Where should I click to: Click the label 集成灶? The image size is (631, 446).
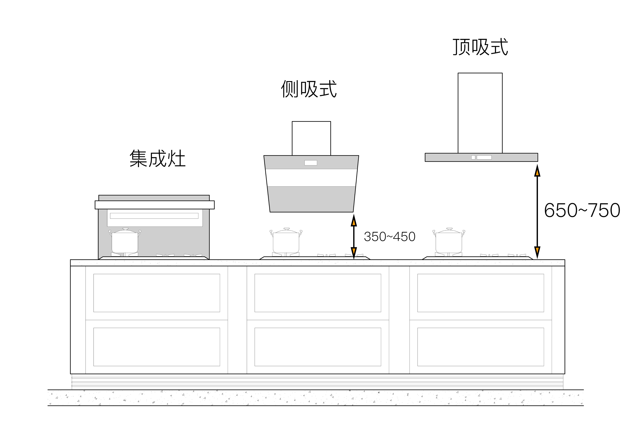(157, 159)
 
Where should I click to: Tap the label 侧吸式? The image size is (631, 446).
(309, 89)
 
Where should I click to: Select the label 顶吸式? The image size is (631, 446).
(480, 47)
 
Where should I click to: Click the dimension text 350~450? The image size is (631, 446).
(389, 237)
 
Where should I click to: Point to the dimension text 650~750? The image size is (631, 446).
(582, 211)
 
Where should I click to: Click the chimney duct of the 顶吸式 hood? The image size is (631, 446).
(480, 113)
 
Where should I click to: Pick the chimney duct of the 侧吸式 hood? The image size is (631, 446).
(311, 138)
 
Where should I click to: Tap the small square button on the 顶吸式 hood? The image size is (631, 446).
(473, 157)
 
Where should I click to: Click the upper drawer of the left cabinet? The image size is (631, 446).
(157, 293)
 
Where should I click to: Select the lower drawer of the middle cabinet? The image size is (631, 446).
(318, 347)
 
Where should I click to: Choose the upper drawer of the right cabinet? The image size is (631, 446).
(480, 293)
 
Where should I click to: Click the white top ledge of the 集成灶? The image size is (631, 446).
(155, 205)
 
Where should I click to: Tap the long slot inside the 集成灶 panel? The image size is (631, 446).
(154, 216)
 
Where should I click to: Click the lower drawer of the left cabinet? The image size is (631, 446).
(157, 347)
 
